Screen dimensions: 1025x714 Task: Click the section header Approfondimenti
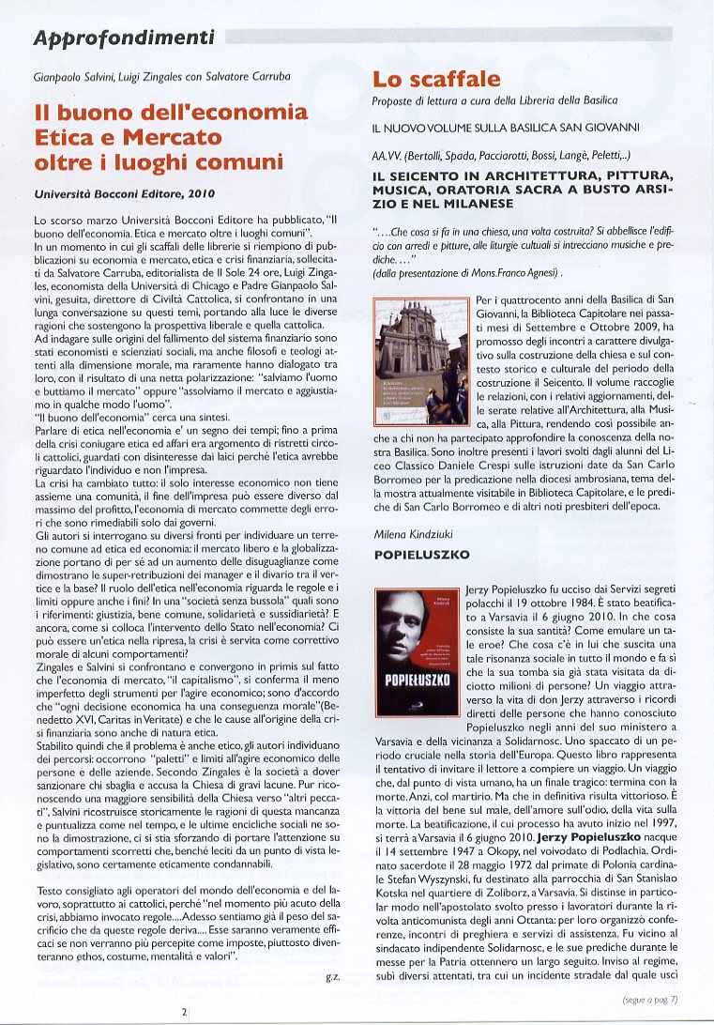[x=123, y=38]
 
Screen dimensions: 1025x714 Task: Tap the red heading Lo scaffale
[x=436, y=79]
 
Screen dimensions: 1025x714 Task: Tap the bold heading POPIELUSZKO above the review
[x=421, y=555]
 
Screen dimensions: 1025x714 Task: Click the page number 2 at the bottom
[x=185, y=1011]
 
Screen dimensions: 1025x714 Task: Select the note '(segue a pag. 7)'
[x=649, y=999]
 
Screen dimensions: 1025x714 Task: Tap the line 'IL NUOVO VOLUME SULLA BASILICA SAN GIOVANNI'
[x=506, y=126]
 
